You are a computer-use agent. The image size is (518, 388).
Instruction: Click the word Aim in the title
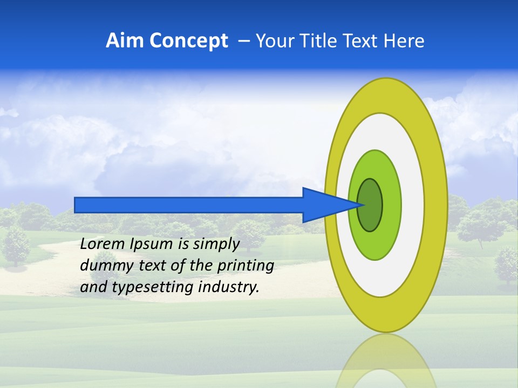[125, 41]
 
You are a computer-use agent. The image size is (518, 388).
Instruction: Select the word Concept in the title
[188, 41]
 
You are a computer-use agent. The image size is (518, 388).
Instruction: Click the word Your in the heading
[274, 41]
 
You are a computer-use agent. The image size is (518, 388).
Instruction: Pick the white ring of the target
[413, 205]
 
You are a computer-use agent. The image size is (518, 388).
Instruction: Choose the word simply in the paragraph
[216, 245]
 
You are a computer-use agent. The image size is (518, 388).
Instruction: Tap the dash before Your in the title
[244, 41]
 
